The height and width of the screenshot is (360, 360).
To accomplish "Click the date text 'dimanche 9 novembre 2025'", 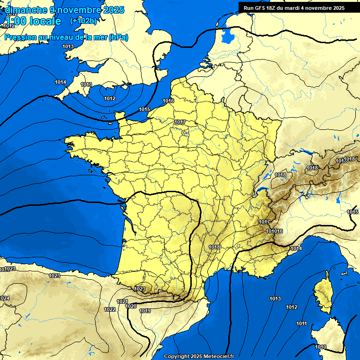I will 66,10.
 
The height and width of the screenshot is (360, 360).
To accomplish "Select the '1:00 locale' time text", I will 33,21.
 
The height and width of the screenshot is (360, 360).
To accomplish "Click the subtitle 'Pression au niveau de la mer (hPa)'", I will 66,37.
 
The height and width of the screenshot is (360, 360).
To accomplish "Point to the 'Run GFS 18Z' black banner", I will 294,7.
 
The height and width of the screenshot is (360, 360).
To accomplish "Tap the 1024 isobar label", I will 4,298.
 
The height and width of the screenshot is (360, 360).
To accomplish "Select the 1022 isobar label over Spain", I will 110,309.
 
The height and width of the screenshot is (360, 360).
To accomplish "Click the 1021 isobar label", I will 122,301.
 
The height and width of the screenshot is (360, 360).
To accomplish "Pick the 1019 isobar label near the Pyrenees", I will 145,311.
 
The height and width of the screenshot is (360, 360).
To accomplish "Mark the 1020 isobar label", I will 131,306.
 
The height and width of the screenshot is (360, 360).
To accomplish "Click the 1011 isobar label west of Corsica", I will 301,324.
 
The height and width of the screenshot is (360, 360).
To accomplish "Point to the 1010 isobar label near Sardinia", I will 321,347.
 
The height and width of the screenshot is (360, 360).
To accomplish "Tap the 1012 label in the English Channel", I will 110,98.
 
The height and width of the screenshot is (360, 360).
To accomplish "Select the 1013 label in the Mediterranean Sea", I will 275,299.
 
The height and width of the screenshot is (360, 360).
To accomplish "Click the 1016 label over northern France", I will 168,101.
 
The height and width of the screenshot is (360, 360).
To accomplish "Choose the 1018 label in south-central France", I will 214,247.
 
